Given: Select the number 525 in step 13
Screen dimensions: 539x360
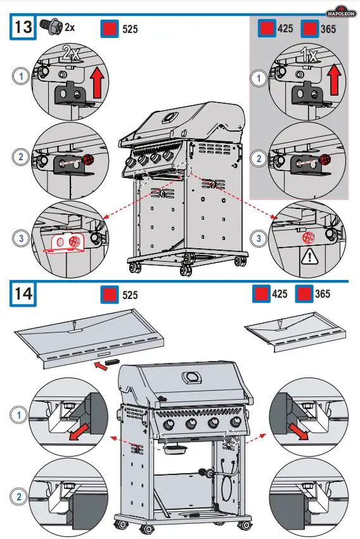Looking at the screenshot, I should coord(129,29).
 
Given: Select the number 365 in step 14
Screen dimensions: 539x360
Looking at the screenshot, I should coord(322,294).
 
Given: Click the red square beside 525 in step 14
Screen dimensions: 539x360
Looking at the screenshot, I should coord(110,295).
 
